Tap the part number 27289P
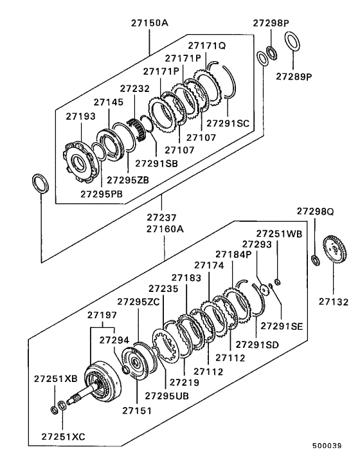coord(294,76)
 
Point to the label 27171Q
coord(206,46)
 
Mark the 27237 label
coord(163,218)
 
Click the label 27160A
coord(165,228)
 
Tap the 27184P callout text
coord(235,254)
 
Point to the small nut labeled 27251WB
coord(277,280)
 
